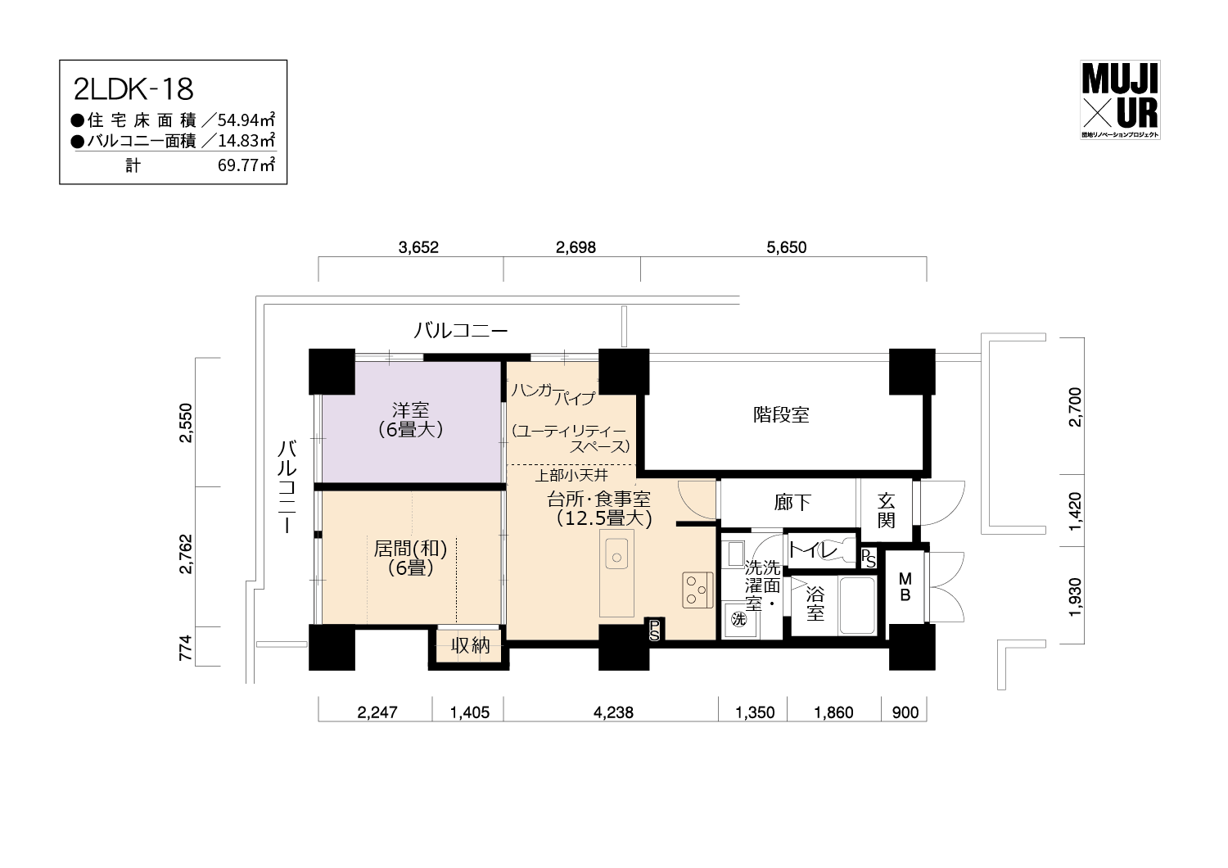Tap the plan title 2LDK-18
(x=133, y=90)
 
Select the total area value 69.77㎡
(x=246, y=165)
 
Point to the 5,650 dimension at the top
(x=786, y=247)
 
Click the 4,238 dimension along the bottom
(x=613, y=712)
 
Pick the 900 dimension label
(x=905, y=712)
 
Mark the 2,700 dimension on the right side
(x=1076, y=407)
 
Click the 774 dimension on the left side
(x=186, y=648)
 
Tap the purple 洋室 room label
(x=411, y=419)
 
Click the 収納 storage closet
(x=470, y=645)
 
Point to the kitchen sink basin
(x=616, y=554)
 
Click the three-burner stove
(x=698, y=590)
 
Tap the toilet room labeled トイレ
(x=820, y=549)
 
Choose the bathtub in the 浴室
(x=857, y=605)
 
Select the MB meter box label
(x=905, y=586)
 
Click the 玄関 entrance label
(x=886, y=510)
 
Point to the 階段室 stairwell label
(x=781, y=414)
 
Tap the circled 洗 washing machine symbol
(x=739, y=620)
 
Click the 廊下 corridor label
(x=792, y=502)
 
